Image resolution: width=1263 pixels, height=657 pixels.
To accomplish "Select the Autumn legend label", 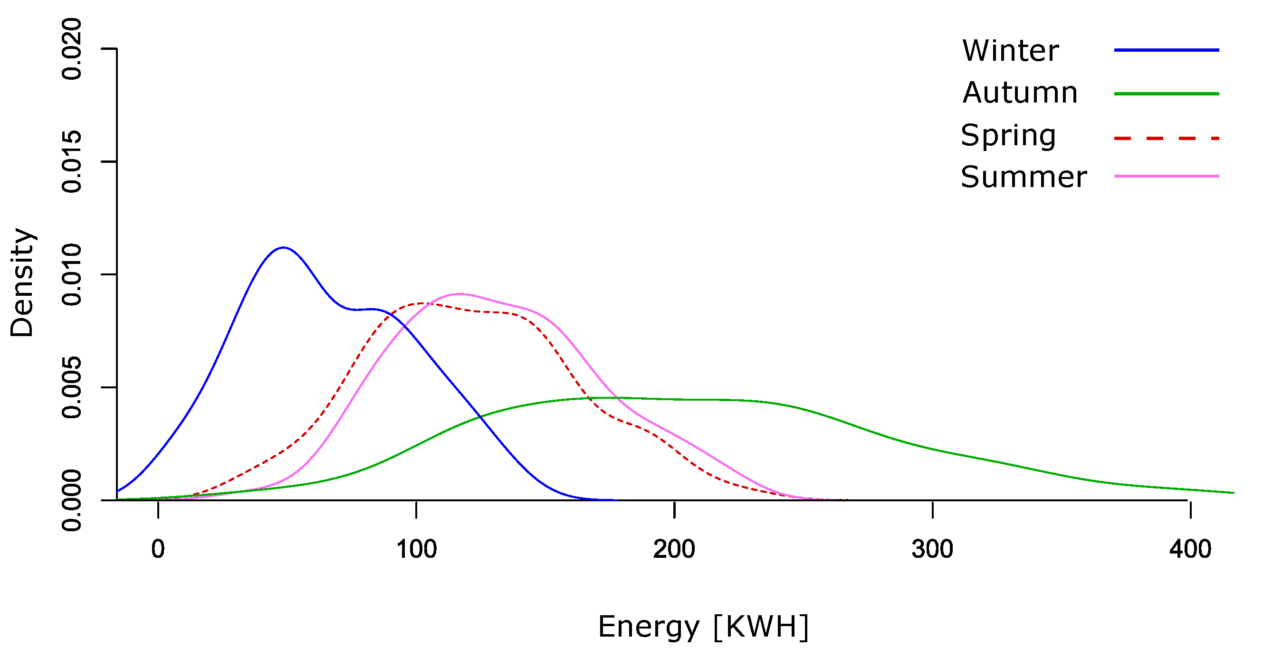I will tap(1019, 93).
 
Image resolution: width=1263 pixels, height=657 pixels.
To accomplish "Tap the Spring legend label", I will tap(1008, 136).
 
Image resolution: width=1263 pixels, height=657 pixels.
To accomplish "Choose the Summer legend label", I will tap(1023, 177).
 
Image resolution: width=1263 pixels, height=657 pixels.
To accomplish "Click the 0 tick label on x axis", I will tap(158, 549).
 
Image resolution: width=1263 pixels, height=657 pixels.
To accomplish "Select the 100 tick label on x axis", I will tap(416, 549).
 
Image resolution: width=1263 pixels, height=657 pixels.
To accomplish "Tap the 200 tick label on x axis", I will tap(674, 549).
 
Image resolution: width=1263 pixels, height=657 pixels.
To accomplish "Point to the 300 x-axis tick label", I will tap(932, 549).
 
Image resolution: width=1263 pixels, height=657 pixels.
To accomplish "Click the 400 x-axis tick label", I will tap(1190, 549).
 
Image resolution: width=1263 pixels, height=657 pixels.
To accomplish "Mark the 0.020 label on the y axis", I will tap(72, 49).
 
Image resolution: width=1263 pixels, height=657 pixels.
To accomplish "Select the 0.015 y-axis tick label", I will tap(72, 162).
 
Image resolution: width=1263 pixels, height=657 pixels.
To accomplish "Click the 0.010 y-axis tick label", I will tap(72, 274).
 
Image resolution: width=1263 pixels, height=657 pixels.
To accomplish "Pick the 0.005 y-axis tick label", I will tap(72, 387).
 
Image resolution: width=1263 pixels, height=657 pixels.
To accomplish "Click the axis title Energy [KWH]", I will tap(703, 627).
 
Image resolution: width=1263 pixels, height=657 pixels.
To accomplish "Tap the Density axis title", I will tap(21, 283).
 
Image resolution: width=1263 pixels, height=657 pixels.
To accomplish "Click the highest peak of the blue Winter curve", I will tap(283, 248).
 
